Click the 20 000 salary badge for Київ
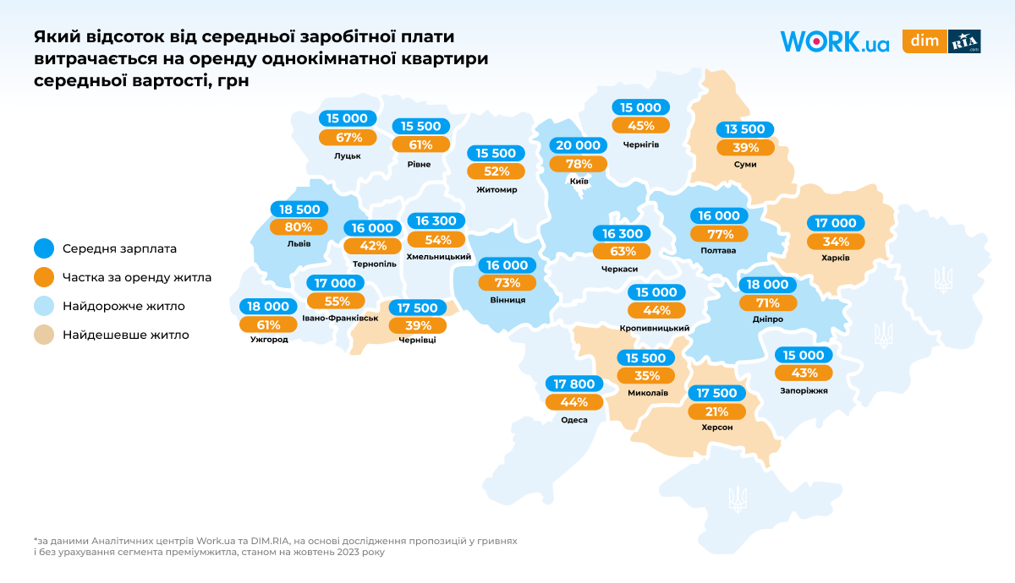[x=579, y=144]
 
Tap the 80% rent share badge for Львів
[x=299, y=226]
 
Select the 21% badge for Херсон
[x=716, y=411]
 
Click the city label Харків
[x=835, y=257]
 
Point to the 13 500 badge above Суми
[x=745, y=129]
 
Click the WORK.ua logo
[x=834, y=41]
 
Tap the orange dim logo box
[x=924, y=41]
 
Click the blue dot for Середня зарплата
[x=44, y=248]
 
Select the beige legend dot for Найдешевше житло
[x=44, y=335]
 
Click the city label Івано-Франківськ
[x=340, y=319]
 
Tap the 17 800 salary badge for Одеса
[x=573, y=384]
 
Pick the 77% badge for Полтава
[x=718, y=234]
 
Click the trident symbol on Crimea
[x=738, y=498]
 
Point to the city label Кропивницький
[x=655, y=328]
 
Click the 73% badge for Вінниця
[x=507, y=283]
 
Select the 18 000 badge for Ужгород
[x=267, y=307]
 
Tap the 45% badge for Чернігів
[x=640, y=126]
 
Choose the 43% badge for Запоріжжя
[x=804, y=373]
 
